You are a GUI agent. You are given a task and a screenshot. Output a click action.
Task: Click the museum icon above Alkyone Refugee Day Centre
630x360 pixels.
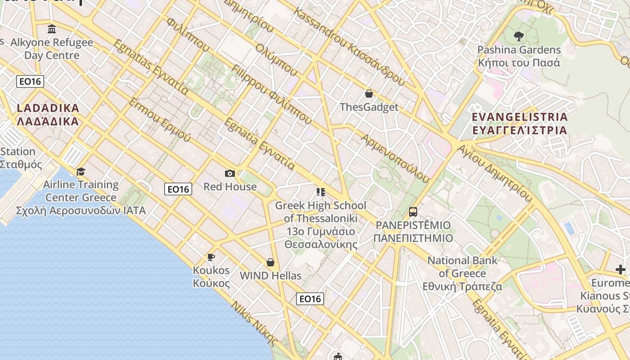[x=52, y=29]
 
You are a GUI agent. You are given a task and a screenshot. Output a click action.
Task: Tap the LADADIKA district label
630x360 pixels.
[x=48, y=115]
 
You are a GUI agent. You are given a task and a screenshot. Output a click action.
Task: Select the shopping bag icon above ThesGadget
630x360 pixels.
[x=369, y=94]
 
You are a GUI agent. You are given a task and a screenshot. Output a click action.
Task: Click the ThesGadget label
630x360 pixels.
[x=369, y=107]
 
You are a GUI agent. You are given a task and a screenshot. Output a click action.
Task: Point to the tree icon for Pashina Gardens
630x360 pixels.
[x=518, y=36]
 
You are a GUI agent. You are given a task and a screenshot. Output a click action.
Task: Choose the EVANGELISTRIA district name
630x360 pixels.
[x=519, y=124]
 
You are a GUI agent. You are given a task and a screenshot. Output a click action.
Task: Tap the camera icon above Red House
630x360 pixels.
[x=229, y=173]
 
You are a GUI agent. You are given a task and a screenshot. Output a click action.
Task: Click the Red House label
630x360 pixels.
[x=230, y=186]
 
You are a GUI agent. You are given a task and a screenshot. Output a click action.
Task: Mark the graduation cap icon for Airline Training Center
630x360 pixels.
[x=81, y=171]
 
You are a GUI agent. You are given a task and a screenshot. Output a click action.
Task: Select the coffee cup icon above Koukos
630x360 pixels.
[x=211, y=257]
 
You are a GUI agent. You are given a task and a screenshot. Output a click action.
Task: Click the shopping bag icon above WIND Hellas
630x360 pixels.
[x=270, y=262]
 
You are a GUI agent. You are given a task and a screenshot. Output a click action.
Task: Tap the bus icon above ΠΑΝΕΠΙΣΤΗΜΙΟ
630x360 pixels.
[x=413, y=211]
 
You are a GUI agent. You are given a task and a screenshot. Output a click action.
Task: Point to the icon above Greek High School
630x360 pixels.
[x=320, y=192]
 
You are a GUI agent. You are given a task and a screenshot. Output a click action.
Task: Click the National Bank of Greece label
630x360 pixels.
[x=462, y=273]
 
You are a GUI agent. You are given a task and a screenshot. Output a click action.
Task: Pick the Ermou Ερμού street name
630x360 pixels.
[x=160, y=120]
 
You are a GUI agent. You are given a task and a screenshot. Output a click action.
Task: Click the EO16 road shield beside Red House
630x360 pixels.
[x=178, y=189]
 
